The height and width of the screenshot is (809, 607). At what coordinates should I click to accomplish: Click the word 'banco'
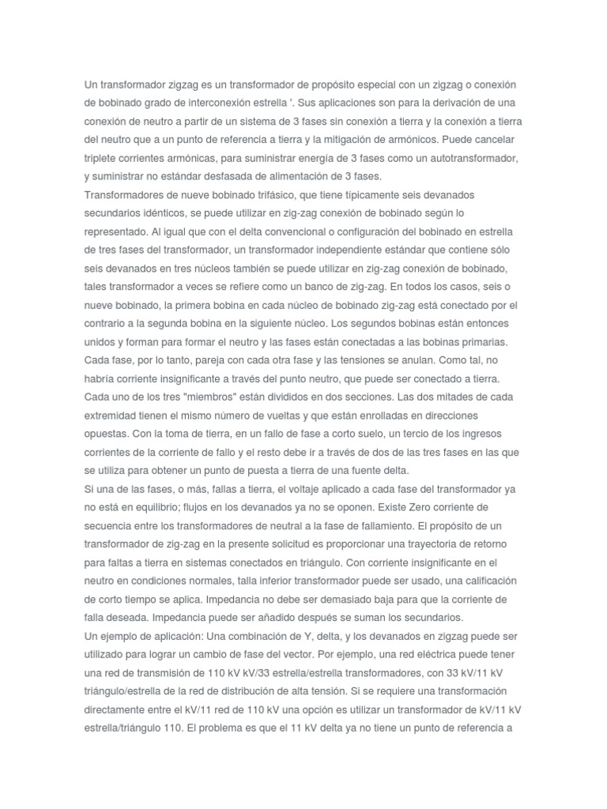(x=308, y=286)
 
